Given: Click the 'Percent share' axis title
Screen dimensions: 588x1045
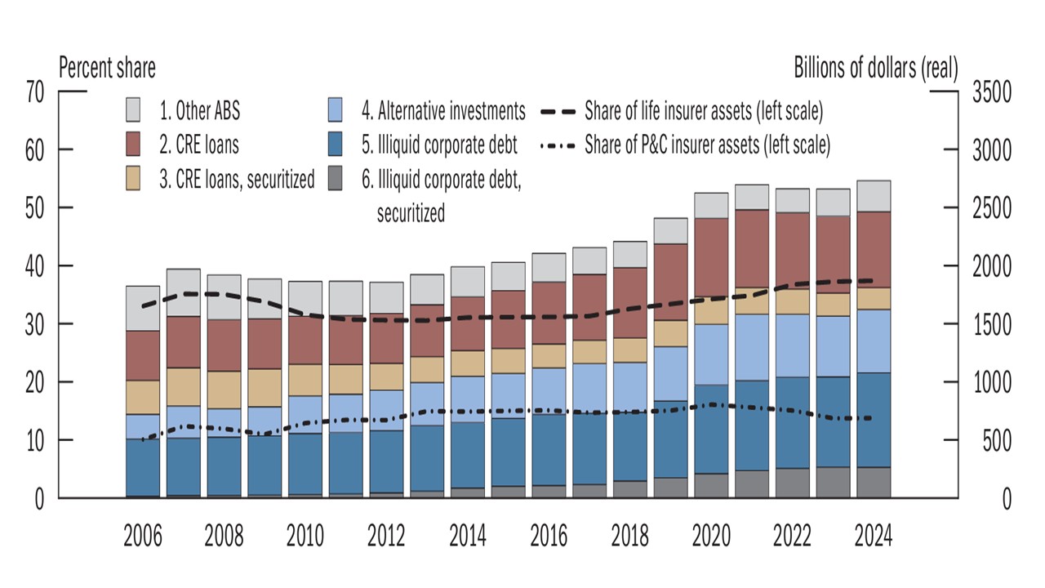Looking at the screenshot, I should click(x=106, y=68).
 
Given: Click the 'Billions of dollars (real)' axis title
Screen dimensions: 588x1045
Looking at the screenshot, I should click(x=876, y=68).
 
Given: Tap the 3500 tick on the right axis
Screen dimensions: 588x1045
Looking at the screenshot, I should click(x=990, y=92).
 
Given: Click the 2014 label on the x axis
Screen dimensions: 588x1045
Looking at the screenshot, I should click(x=467, y=537).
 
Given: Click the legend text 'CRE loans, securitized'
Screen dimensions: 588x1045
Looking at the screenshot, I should click(x=245, y=180).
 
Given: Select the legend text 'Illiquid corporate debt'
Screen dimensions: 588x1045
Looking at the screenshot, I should click(x=447, y=146).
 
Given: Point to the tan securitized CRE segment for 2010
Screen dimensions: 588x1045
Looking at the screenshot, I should click(x=305, y=380).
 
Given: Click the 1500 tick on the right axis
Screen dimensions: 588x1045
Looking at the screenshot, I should click(x=990, y=324).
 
